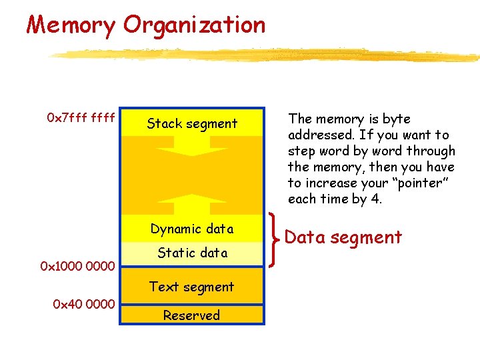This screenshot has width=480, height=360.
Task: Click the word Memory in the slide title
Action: [x=71, y=25]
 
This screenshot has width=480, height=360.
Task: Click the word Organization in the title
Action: [x=194, y=25]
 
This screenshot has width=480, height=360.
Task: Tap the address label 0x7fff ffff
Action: [x=81, y=119]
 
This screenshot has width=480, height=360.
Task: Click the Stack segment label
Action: [x=192, y=123]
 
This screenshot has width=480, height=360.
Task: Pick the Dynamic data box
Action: [x=192, y=229]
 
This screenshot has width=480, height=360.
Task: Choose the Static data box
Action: [x=192, y=253]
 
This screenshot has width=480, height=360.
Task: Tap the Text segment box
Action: [x=192, y=287]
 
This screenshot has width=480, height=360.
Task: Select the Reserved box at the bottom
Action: [x=192, y=315]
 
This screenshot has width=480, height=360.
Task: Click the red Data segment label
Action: [x=343, y=237]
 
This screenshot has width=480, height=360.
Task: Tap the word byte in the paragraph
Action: [x=397, y=119]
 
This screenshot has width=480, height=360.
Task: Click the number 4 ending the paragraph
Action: [x=377, y=199]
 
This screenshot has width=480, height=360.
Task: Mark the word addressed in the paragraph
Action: [x=314, y=135]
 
